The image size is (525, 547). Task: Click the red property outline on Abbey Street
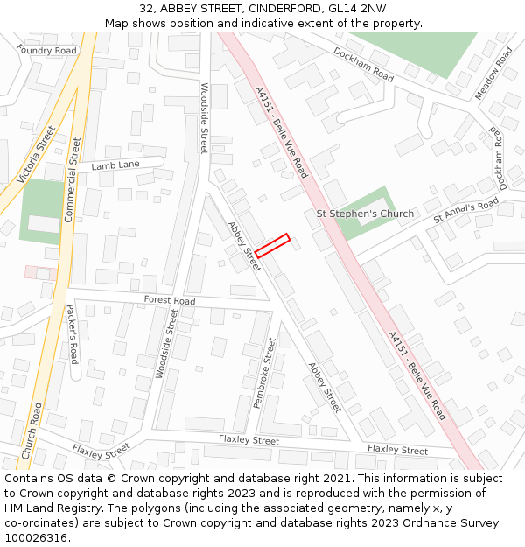click(272, 244)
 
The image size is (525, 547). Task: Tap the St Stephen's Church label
click(365, 214)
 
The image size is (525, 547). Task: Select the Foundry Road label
click(46, 51)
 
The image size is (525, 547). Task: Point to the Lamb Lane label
click(115, 165)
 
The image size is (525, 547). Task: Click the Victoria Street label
click(36, 155)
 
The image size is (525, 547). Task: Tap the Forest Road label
click(170, 301)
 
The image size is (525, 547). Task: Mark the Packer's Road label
click(73, 334)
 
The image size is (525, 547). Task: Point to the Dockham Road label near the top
click(363, 64)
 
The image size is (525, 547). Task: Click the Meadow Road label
click(493, 73)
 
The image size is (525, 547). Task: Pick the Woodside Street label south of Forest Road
click(165, 343)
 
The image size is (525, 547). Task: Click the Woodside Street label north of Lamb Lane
click(204, 118)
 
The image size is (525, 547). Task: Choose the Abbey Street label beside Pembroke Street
click(325, 388)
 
